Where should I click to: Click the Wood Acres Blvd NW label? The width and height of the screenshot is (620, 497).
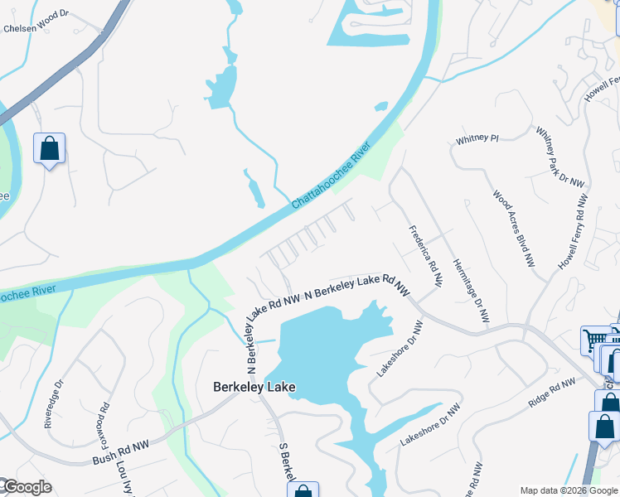click(514, 229)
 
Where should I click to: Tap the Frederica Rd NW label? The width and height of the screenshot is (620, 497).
click(425, 256)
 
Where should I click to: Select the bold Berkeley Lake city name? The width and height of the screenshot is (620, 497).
click(254, 387)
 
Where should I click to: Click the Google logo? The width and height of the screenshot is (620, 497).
click(27, 487)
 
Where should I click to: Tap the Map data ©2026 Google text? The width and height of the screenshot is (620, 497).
click(569, 490)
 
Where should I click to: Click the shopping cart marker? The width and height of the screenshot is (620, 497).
click(596, 340)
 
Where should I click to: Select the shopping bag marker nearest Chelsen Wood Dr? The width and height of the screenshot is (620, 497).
click(50, 149)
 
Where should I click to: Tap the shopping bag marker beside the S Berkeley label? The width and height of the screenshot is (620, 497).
click(303, 490)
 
